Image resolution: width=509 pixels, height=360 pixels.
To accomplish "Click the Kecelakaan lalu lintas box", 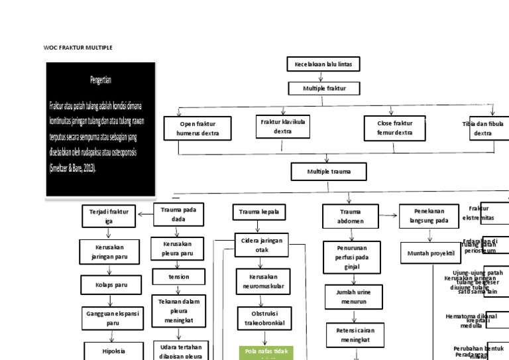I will coord(324,64).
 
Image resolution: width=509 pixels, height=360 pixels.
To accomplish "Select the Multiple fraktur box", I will coord(324,88).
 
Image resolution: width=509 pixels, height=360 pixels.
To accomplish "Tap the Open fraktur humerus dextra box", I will coord(197,129).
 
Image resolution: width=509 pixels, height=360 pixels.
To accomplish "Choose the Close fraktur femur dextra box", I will coord(394,128).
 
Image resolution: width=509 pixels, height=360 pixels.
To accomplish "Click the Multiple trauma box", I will coord(329,172).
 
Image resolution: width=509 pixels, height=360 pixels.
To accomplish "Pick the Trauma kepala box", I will coord(259,212).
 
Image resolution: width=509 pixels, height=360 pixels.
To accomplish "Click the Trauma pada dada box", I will coord(178,214).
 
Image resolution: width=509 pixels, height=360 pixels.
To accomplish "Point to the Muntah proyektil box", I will coord(430,253).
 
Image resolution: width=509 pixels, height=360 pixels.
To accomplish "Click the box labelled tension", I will coord(179,276).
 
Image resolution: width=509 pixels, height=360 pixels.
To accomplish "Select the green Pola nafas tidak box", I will coord(266,353).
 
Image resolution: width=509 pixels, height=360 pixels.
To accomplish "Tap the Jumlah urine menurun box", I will coord(353,297).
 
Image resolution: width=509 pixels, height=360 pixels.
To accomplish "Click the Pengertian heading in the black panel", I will coord(101,80).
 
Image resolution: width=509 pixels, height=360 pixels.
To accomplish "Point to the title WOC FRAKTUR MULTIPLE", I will coord(78,48).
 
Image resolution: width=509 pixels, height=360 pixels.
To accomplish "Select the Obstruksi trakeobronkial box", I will coord(262,317).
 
